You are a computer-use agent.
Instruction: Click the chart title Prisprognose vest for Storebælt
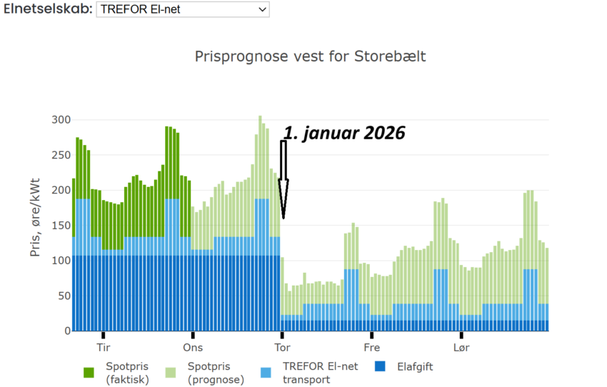[310, 56]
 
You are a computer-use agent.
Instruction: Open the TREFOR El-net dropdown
[183, 9]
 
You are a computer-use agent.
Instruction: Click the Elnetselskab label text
[46, 9]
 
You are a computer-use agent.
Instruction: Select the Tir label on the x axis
[104, 348]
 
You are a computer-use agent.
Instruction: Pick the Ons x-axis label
[193, 348]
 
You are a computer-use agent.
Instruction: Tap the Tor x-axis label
[282, 348]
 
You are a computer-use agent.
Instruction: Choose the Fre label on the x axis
[371, 348]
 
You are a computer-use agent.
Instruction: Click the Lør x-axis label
[461, 348]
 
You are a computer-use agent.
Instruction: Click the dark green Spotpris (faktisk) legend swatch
[89, 372]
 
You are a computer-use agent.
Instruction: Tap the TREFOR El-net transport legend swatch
[266, 372]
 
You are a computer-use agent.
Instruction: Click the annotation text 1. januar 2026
[344, 133]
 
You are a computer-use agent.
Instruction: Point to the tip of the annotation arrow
[283, 218]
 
